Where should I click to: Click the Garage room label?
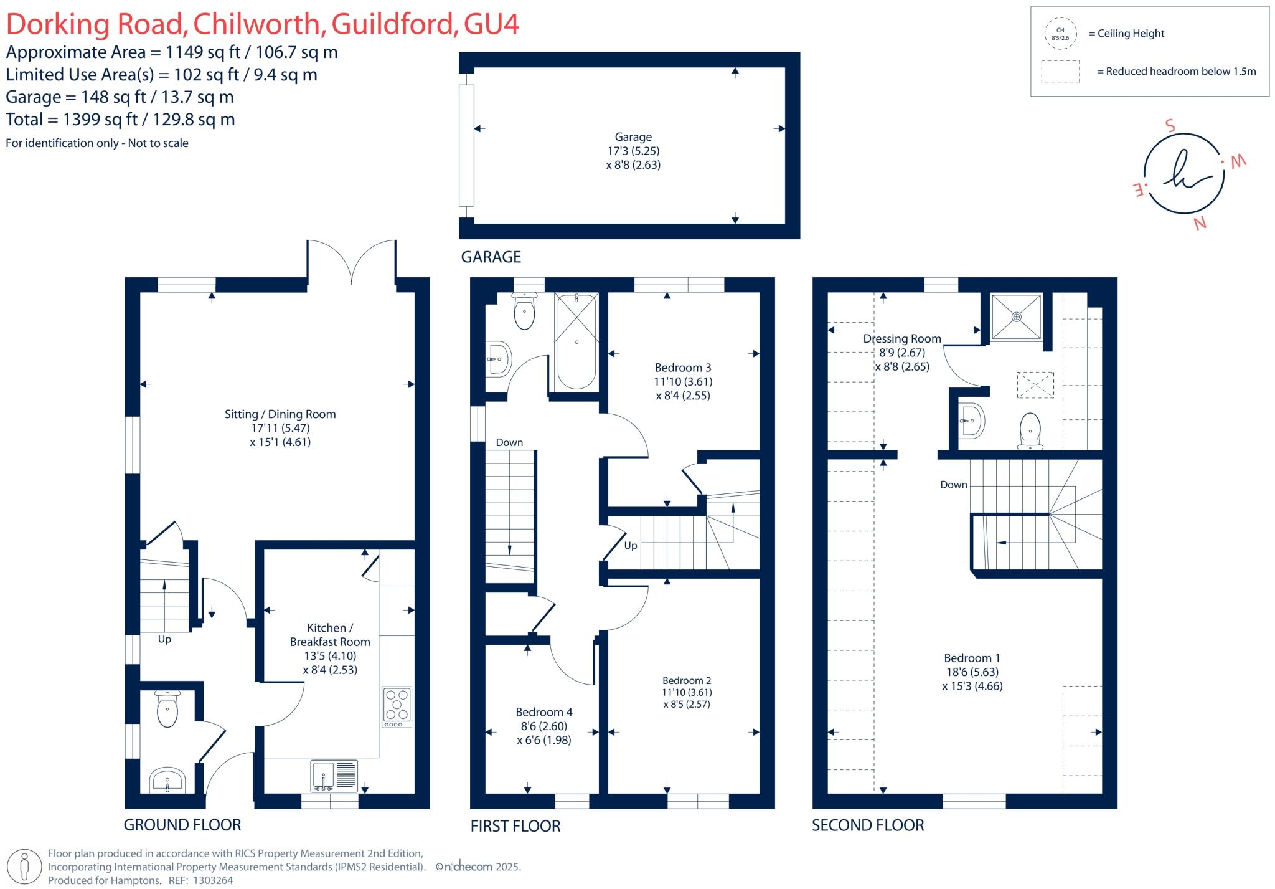(x=633, y=137)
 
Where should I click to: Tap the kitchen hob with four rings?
(x=397, y=707)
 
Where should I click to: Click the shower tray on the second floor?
(x=1016, y=317)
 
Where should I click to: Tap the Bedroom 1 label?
(x=972, y=658)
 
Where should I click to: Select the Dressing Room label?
(x=901, y=339)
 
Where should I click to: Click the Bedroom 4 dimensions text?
(x=543, y=733)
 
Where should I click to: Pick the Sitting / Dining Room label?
(x=280, y=414)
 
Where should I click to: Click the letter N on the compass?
(x=1200, y=222)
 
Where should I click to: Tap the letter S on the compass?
(x=1170, y=126)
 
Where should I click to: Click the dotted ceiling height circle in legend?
(x=1060, y=34)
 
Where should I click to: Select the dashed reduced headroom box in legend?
(x=1060, y=72)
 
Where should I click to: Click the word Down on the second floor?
(x=953, y=485)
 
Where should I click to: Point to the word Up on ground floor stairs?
(x=164, y=639)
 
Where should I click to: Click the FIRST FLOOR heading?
(x=515, y=826)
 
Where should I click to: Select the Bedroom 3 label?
(x=682, y=368)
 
